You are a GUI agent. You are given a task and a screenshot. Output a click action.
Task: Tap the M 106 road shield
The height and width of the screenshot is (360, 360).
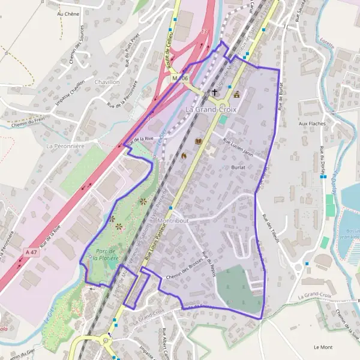[x=180, y=79]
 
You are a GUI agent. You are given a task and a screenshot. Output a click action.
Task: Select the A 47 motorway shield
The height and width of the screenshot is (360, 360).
[x=32, y=254]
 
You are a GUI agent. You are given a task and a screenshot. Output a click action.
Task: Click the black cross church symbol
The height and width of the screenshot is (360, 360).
[x=215, y=93]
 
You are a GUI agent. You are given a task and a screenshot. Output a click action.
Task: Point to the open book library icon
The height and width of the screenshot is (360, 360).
[x=199, y=142]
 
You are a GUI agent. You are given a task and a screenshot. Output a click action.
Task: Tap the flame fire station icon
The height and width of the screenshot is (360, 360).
[x=184, y=155]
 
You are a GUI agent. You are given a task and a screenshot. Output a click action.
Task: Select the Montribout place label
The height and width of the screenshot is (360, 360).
[x=172, y=220]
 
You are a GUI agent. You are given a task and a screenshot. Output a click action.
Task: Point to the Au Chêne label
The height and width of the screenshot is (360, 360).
[x=68, y=13]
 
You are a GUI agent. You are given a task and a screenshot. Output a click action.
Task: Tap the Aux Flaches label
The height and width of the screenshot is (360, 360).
[x=311, y=124]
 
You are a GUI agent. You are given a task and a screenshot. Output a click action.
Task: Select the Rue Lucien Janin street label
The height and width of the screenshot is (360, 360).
[x=239, y=147]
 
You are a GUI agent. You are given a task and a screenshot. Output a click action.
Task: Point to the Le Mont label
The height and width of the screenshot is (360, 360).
[x=323, y=347]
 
